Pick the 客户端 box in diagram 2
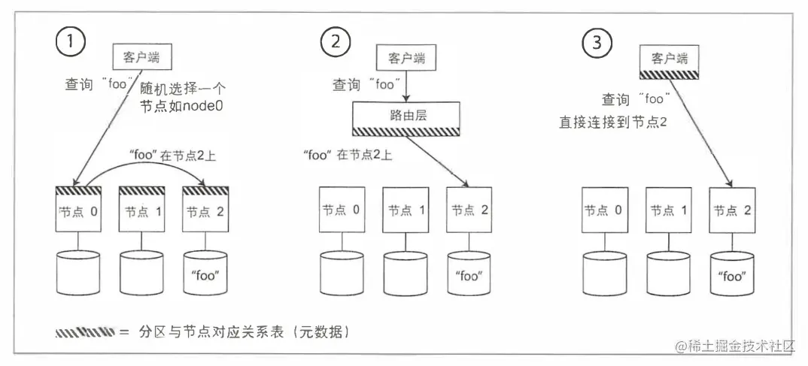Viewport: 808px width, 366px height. pos(406,56)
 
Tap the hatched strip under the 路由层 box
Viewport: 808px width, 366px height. pos(406,131)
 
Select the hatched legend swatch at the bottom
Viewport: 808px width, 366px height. pos(84,331)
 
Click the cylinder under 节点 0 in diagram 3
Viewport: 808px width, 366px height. pos(604,273)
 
